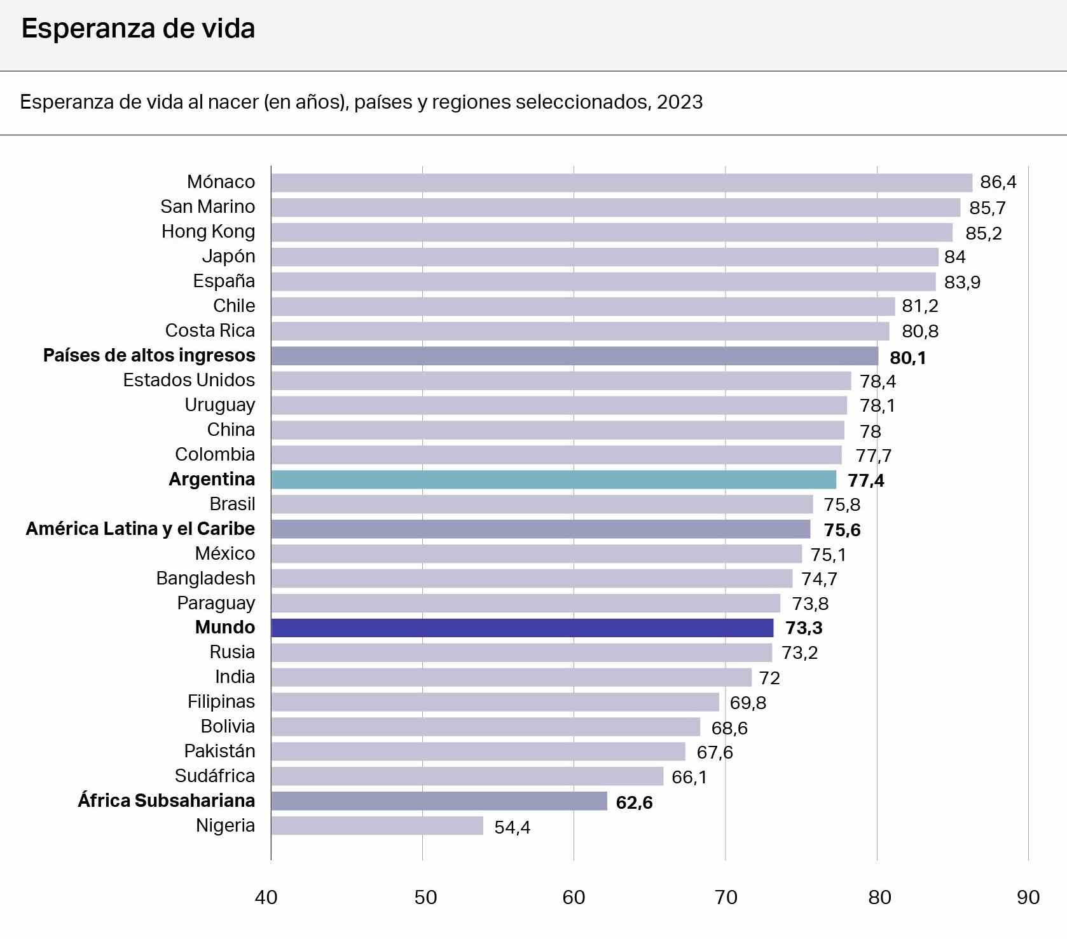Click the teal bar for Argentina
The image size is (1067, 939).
(x=553, y=480)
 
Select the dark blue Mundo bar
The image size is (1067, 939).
(x=521, y=628)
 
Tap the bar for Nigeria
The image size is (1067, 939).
(x=377, y=826)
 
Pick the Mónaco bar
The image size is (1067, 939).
(x=621, y=183)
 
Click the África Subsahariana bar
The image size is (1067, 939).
(x=439, y=801)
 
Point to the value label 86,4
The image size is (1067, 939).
(x=998, y=182)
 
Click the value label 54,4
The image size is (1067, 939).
(x=512, y=827)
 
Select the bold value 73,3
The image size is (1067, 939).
(x=804, y=628)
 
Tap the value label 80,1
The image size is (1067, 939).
(x=907, y=358)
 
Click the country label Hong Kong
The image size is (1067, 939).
(x=208, y=231)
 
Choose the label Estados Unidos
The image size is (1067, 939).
(x=189, y=380)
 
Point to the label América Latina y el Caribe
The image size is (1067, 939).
(x=140, y=529)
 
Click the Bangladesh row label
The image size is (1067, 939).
(x=205, y=578)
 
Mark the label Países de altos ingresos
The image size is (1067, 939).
(x=149, y=355)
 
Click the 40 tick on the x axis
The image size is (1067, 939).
(x=266, y=897)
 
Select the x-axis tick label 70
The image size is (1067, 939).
(x=726, y=897)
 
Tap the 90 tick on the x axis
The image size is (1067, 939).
(x=1028, y=897)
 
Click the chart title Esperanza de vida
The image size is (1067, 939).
(x=138, y=29)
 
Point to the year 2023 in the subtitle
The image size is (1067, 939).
(x=680, y=102)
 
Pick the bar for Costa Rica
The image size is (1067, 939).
(x=580, y=331)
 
